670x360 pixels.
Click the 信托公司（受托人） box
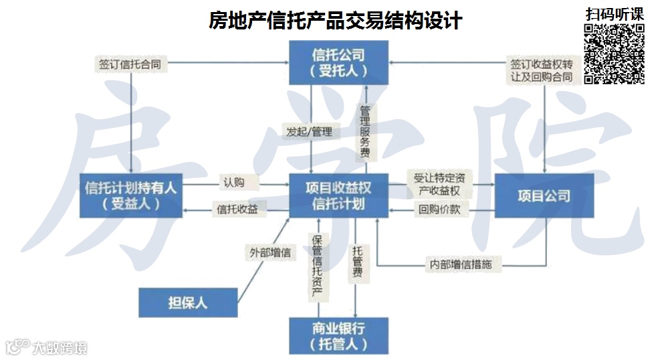tap(338, 62)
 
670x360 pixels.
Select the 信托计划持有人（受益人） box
tap(131, 195)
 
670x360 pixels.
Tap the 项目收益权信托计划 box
tap(338, 195)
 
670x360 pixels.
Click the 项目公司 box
tap(544, 195)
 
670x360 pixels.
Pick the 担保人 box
tap(188, 302)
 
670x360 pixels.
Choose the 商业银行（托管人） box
tap(338, 335)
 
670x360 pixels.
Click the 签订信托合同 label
tap(129, 64)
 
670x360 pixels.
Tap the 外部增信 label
tap(269, 253)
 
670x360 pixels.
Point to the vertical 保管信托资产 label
tap(317, 266)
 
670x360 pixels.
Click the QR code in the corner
tap(615, 54)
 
